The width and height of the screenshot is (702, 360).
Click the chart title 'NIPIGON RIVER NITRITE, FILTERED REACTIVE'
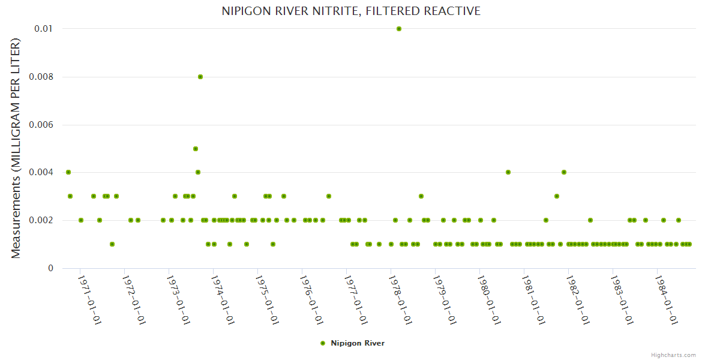[351, 11]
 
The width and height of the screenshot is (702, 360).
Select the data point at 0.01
[399, 29]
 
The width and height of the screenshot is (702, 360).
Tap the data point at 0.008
[200, 77]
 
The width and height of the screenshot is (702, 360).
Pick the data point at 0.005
[196, 149]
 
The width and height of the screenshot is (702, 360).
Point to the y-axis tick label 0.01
[44, 29]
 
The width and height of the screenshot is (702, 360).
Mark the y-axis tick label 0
[50, 268]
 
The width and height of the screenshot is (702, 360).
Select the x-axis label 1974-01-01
[221, 299]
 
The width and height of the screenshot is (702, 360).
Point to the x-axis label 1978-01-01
[398, 299]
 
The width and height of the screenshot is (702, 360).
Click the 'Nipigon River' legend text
[358, 343]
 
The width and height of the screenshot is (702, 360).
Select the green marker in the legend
[323, 343]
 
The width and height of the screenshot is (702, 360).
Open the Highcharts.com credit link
[673, 355]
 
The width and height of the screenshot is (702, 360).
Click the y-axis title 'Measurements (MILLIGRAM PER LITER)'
[16, 148]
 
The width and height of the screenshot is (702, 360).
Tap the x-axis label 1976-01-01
[310, 299]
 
